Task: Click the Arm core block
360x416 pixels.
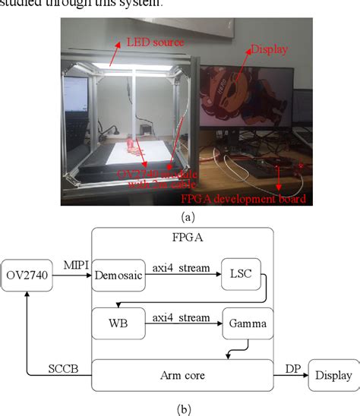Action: pyautogui.click(x=182, y=374)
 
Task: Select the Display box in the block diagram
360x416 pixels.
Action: pyautogui.click(x=330, y=375)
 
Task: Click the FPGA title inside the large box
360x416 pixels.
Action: pyautogui.click(x=182, y=236)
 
